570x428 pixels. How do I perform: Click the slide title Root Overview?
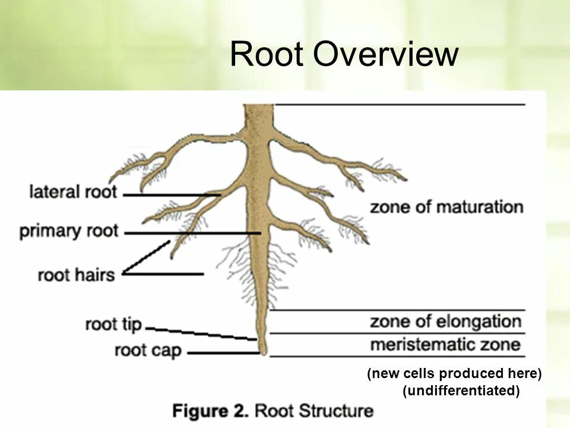(344, 55)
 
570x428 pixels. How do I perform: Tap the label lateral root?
(74, 193)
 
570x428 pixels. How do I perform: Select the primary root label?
(69, 231)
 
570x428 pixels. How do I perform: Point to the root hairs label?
(76, 276)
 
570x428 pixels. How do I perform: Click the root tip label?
(113, 325)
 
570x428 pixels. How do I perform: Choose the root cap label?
(148, 351)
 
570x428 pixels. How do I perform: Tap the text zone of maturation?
(446, 207)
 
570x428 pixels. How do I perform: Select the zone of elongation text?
(445, 322)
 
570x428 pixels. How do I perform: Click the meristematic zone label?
(445, 345)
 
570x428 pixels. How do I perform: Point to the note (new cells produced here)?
(455, 374)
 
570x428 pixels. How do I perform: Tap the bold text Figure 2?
(211, 411)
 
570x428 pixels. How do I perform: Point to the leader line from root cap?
(223, 354)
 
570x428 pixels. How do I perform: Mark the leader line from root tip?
(202, 333)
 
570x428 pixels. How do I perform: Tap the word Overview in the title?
(387, 55)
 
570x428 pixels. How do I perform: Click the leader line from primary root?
(190, 233)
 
